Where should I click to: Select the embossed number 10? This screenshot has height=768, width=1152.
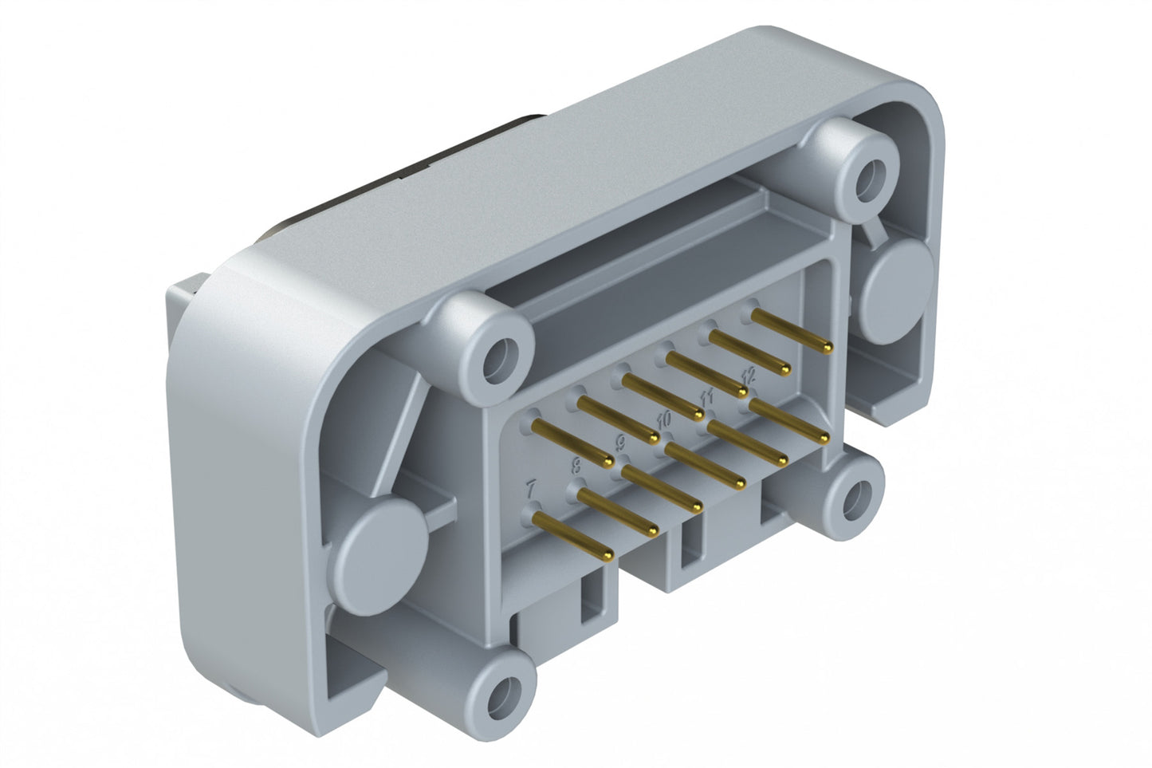pyautogui.click(x=664, y=417)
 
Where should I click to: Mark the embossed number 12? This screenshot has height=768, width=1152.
pyautogui.click(x=747, y=373)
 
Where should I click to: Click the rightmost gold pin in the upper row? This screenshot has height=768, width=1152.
pyautogui.click(x=791, y=330)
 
